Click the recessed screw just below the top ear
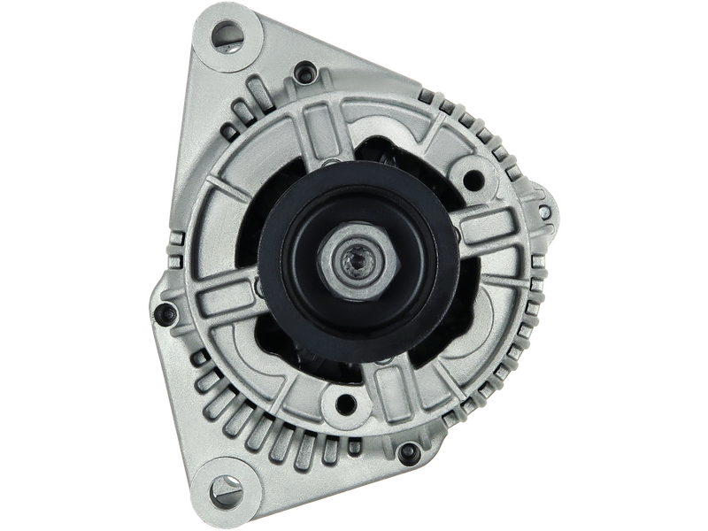coord(306,73)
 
